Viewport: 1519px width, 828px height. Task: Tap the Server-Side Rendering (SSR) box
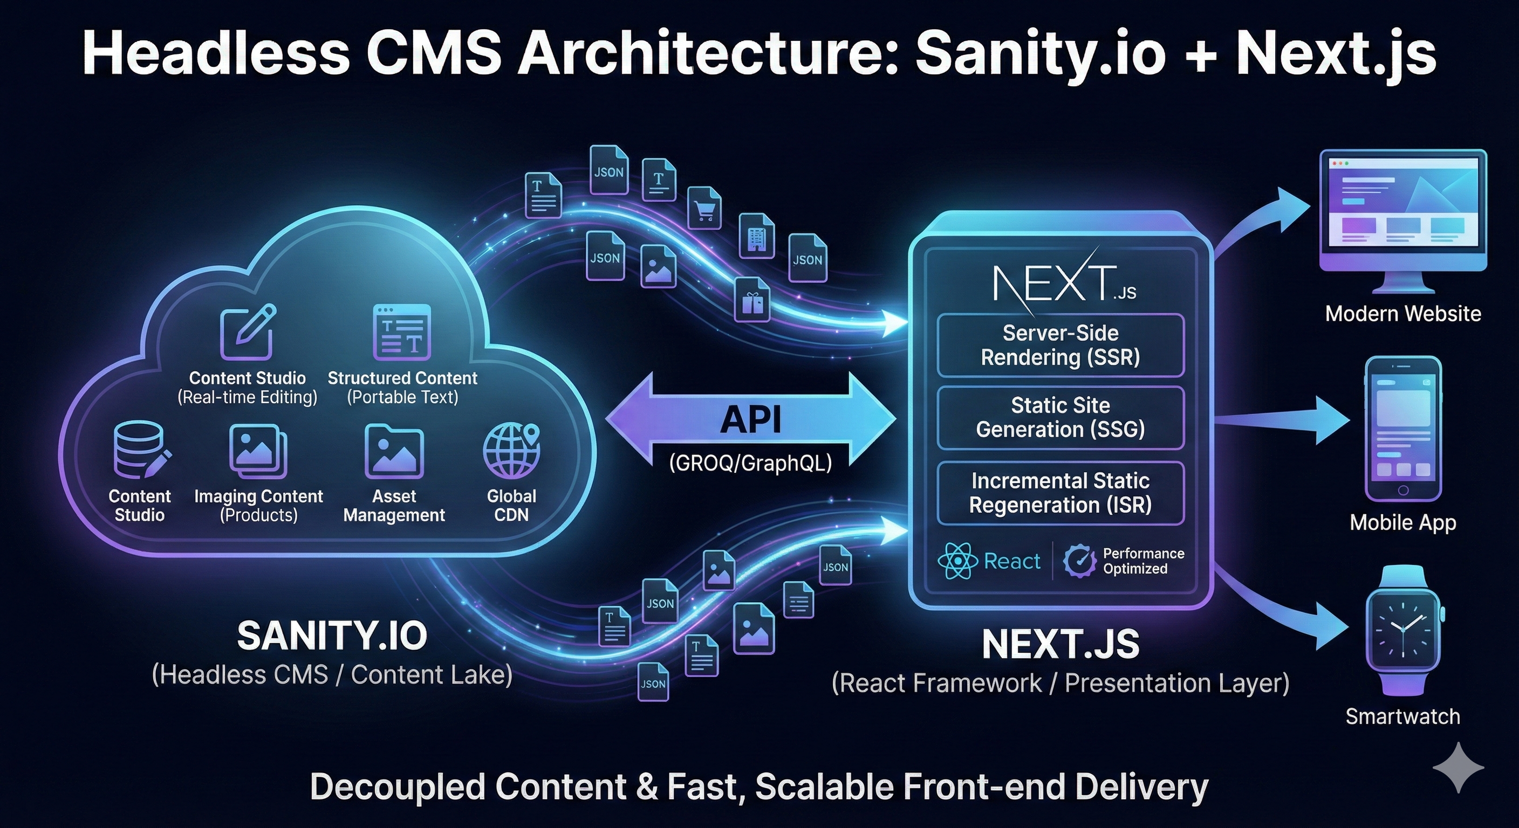[x=1060, y=346]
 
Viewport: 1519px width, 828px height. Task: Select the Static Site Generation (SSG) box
[x=1060, y=417]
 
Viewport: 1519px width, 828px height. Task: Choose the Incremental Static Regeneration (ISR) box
[x=1060, y=493]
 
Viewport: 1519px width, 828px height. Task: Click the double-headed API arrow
[x=751, y=419]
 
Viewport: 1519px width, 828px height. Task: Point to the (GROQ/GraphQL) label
[x=751, y=463]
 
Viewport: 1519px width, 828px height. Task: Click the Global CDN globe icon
[x=511, y=451]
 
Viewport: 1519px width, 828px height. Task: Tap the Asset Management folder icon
[x=394, y=451]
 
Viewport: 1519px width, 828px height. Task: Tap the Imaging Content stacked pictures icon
[x=258, y=451]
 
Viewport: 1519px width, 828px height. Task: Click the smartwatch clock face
[x=1402, y=630]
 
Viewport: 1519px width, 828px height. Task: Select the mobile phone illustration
[x=1403, y=429]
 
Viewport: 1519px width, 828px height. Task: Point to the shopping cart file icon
[x=704, y=208]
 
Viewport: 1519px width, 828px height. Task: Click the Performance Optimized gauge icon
[x=1079, y=561]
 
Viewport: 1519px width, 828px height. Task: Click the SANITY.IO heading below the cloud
[x=332, y=636]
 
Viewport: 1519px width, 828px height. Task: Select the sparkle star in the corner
[x=1458, y=767]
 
